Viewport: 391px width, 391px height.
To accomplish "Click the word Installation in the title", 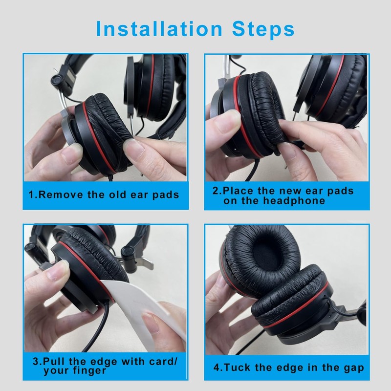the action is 159,29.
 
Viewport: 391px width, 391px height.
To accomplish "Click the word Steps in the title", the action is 263,30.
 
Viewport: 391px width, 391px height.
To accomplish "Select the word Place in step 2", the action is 238,191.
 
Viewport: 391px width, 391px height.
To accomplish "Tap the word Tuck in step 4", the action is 237,368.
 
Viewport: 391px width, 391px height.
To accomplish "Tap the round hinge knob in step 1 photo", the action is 57,81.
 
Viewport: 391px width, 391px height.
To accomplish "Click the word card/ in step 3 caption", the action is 163,361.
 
